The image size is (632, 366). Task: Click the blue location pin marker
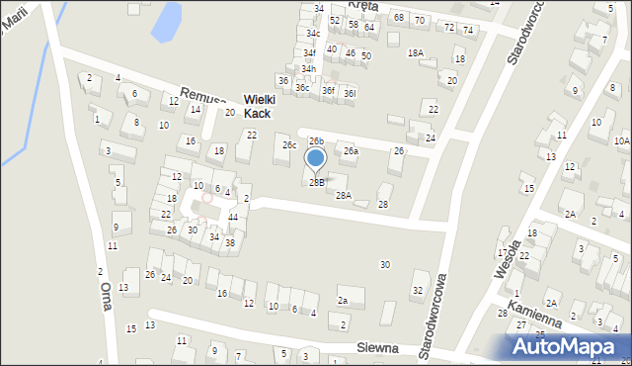(315, 158)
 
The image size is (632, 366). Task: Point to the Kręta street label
(364, 7)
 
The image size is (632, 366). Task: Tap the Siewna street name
(379, 348)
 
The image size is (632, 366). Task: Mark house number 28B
(316, 182)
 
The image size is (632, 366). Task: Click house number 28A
(343, 195)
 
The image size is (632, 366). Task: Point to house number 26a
(351, 151)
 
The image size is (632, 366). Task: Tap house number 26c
(289, 145)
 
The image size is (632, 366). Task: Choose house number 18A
(416, 52)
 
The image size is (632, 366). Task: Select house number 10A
(621, 141)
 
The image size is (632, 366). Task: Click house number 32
(418, 290)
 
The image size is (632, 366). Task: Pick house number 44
(233, 217)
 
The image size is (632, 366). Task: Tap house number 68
(398, 18)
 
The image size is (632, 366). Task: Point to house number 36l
(349, 92)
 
